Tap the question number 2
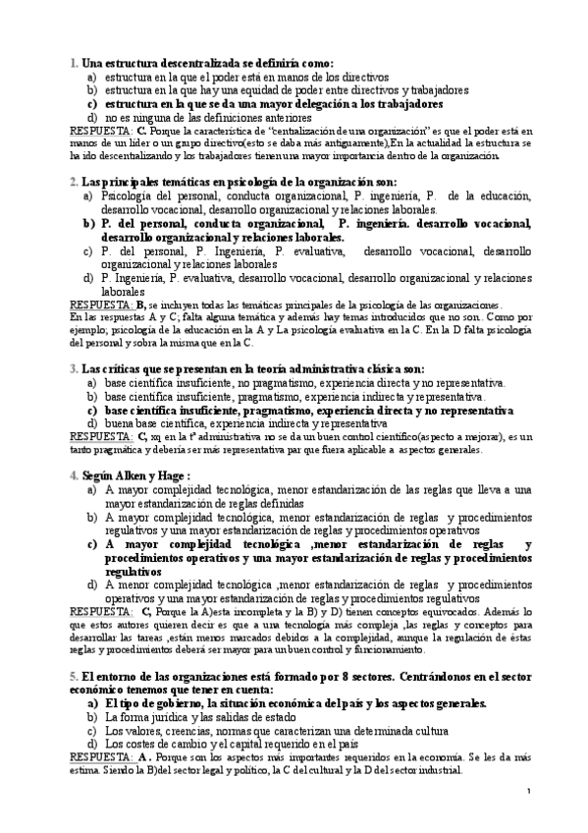(74, 182)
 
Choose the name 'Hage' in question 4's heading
(183, 474)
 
